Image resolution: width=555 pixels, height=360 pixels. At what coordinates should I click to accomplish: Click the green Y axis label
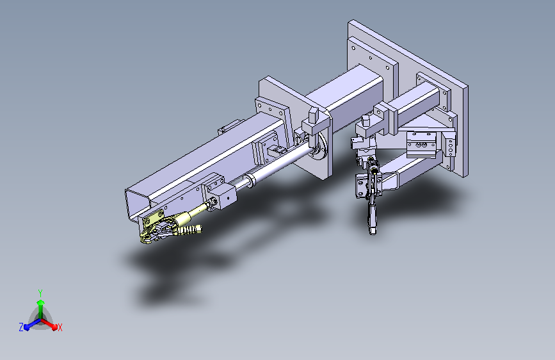[40, 293]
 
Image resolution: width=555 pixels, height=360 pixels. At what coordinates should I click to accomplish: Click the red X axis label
[60, 328]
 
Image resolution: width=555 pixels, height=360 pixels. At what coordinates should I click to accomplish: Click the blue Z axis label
[21, 327]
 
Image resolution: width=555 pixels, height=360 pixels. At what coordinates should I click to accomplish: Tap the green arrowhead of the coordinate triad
[41, 302]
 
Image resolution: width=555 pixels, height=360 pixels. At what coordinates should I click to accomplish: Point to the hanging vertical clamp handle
[372, 216]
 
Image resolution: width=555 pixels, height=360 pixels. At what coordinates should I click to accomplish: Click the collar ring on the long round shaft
[249, 180]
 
